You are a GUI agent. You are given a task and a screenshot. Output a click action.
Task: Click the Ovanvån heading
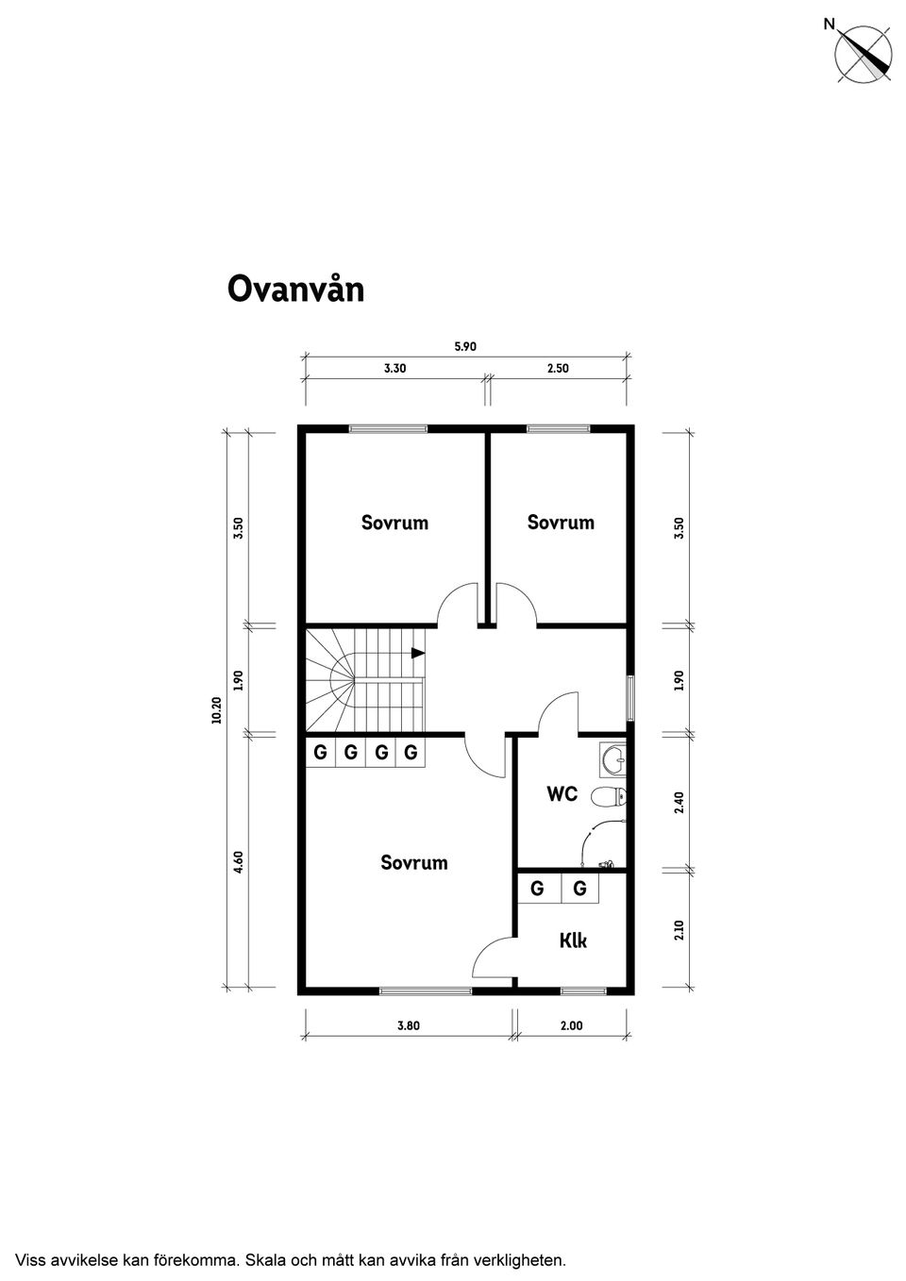pyautogui.click(x=295, y=290)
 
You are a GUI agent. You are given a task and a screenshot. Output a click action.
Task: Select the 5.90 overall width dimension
pyautogui.click(x=465, y=346)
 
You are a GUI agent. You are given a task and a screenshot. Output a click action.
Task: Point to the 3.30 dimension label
pyautogui.click(x=394, y=369)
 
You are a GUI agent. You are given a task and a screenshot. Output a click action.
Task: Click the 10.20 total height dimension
pyautogui.click(x=216, y=709)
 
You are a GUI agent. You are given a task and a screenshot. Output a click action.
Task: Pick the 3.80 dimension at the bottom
pyautogui.click(x=408, y=1025)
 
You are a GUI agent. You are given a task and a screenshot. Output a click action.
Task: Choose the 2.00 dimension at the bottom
pyautogui.click(x=571, y=1025)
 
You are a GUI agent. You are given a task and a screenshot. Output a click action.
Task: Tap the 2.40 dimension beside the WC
pyautogui.click(x=679, y=802)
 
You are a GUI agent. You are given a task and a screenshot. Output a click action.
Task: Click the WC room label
pyautogui.click(x=562, y=794)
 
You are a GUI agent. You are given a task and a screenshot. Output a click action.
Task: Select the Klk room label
pyautogui.click(x=573, y=940)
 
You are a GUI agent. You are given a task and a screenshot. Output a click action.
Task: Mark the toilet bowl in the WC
pyautogui.click(x=607, y=797)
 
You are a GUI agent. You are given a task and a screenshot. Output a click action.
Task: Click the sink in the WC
pyautogui.click(x=613, y=757)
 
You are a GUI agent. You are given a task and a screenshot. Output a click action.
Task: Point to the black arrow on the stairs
pyautogui.click(x=418, y=652)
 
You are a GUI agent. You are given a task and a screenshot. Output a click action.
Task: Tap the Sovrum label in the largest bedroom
pyautogui.click(x=413, y=862)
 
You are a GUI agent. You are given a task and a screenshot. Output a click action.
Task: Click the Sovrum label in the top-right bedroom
pyautogui.click(x=561, y=523)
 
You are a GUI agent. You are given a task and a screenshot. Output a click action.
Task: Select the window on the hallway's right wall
pyautogui.click(x=630, y=699)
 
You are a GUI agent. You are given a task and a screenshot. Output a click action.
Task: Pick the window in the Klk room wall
pyautogui.click(x=583, y=990)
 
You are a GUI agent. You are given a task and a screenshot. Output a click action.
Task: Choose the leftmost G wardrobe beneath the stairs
pyautogui.click(x=321, y=753)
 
